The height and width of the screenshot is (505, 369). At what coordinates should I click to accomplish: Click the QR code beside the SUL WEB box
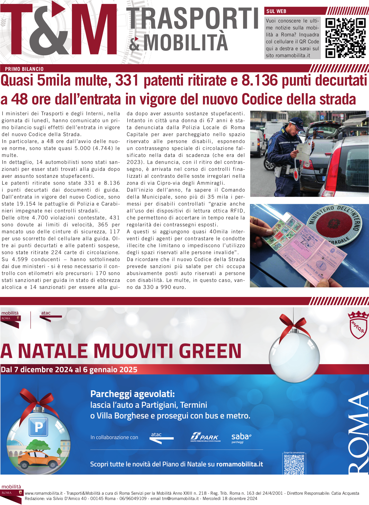click(345, 38)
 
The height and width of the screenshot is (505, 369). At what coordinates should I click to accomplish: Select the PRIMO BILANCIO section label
click(24, 69)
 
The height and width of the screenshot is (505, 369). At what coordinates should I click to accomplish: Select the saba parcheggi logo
click(241, 438)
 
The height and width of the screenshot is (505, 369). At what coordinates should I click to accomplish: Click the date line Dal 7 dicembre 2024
click(69, 370)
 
